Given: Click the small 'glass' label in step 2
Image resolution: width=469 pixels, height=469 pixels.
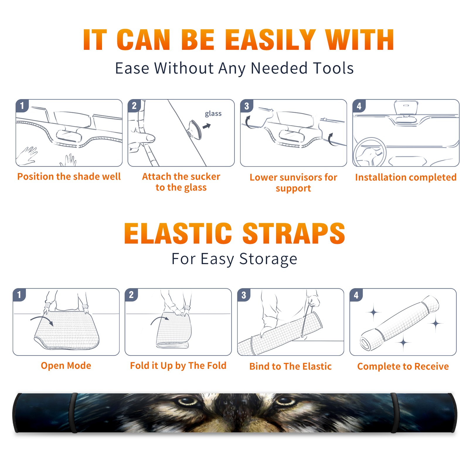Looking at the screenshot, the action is tap(213, 114).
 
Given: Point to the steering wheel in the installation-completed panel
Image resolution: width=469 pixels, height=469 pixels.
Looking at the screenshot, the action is tap(370, 152).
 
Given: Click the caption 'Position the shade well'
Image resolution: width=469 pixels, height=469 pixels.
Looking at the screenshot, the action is tap(69, 176).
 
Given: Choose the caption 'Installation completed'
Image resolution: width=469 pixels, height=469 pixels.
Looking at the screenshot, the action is tap(406, 177).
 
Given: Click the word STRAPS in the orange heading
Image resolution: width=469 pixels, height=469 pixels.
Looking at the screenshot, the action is tap(294, 233).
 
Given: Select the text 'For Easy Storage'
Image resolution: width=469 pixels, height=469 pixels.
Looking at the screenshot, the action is tap(234, 259).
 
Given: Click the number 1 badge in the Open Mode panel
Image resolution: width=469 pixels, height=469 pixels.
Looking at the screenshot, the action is tap(19, 295).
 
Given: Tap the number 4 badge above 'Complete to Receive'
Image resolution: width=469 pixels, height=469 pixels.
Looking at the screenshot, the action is tap(356, 295).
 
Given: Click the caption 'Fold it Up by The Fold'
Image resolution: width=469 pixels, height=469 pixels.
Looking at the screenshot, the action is tap(178, 366).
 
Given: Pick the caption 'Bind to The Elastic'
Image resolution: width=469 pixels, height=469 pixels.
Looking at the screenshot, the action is tap(290, 366).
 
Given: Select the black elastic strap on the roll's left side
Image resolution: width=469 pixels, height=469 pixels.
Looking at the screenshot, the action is tap(73, 413).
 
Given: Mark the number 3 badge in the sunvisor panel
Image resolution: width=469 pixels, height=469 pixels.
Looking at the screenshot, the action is tap(247, 106).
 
